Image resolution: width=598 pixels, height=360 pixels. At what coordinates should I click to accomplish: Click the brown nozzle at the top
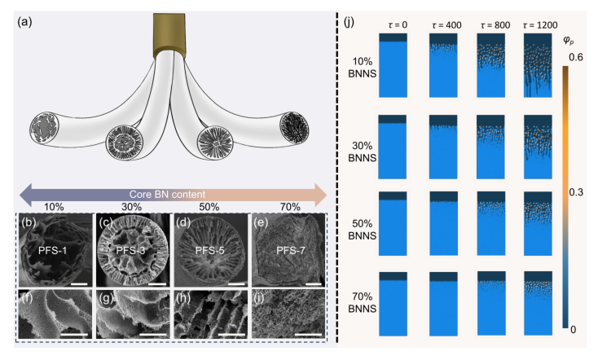169,35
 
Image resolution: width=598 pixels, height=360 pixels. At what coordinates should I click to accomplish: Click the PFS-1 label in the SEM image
53,251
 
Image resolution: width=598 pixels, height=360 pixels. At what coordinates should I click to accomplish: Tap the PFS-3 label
131,251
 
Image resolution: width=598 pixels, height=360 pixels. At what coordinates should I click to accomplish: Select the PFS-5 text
209,251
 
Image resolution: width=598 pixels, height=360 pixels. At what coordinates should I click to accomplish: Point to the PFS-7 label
291,251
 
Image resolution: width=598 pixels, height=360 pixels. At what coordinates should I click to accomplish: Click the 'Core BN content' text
167,194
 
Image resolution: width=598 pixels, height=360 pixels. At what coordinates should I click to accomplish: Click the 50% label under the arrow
209,207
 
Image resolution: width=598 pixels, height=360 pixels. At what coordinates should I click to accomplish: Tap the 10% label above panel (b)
54,207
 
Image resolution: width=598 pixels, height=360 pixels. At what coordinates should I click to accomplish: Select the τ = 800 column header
495,25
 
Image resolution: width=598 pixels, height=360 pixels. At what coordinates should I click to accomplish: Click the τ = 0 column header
398,25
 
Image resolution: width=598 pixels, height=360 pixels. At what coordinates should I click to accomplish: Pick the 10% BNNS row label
363,68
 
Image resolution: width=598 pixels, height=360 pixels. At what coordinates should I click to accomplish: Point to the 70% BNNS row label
363,302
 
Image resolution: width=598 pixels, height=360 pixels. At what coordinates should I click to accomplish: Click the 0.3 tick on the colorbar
576,192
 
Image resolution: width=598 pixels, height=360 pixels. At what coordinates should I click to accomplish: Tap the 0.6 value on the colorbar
576,57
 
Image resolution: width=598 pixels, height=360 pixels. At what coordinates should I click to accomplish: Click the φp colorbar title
569,41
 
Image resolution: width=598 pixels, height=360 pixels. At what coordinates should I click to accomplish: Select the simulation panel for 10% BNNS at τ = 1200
538,65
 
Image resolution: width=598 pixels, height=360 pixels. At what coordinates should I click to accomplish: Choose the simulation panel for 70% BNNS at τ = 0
393,304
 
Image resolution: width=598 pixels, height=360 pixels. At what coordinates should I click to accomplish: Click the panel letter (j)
350,22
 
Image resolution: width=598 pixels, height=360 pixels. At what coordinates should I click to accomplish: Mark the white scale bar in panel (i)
308,336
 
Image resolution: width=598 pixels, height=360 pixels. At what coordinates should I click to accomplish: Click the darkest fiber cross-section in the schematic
294,128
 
